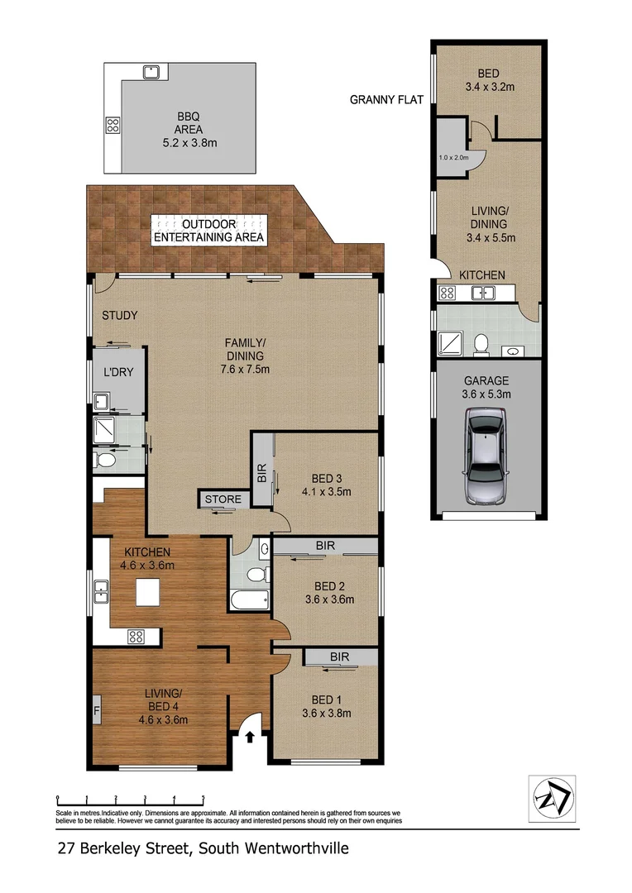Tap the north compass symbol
point(552,799)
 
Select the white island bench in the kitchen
point(149,592)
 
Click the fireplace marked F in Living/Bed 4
point(97,709)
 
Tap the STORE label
point(223,499)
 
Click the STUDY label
point(119,315)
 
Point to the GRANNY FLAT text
point(386,100)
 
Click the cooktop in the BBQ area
point(113,127)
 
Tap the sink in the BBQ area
point(151,72)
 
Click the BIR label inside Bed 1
point(340,657)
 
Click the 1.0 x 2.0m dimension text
point(453,157)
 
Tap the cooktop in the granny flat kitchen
point(448,292)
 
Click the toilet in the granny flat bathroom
point(480,341)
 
